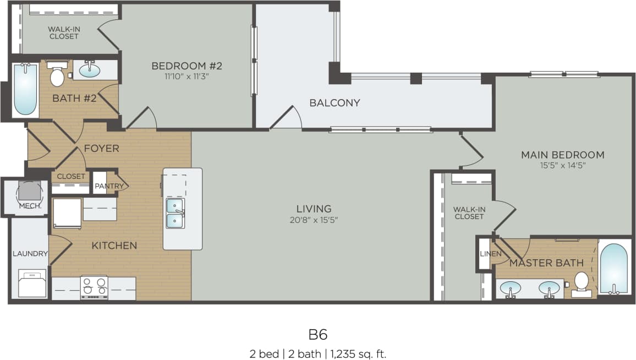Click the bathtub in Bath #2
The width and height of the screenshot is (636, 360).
(25, 89)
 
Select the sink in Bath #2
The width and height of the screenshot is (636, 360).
(90, 70)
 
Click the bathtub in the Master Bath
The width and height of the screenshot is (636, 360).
(614, 269)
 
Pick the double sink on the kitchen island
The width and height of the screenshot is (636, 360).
(175, 213)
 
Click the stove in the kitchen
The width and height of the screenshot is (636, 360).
(94, 287)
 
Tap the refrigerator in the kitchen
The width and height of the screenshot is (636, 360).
(67, 213)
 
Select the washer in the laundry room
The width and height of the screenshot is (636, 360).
(33, 284)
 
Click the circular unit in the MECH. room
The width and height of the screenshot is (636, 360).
(29, 191)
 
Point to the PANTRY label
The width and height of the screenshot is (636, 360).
(109, 186)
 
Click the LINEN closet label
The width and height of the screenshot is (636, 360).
(491, 254)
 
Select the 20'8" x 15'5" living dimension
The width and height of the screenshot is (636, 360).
(314, 220)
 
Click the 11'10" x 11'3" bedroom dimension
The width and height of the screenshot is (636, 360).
(187, 77)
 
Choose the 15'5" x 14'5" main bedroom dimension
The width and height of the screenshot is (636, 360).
(562, 166)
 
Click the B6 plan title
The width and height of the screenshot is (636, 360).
(318, 334)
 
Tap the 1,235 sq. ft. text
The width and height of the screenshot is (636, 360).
(358, 353)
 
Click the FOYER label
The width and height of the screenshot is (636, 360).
(101, 149)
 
